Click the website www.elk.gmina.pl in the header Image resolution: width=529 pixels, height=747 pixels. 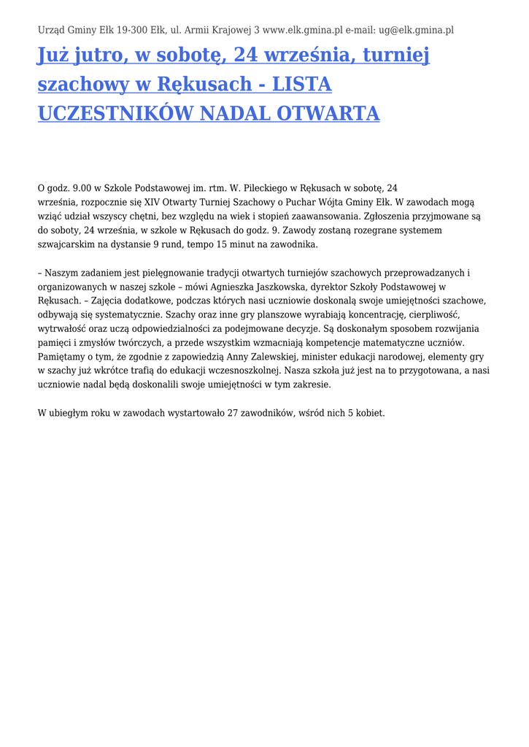302,30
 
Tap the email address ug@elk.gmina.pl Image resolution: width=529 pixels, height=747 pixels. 415,30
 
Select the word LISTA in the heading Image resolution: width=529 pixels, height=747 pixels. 301,85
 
